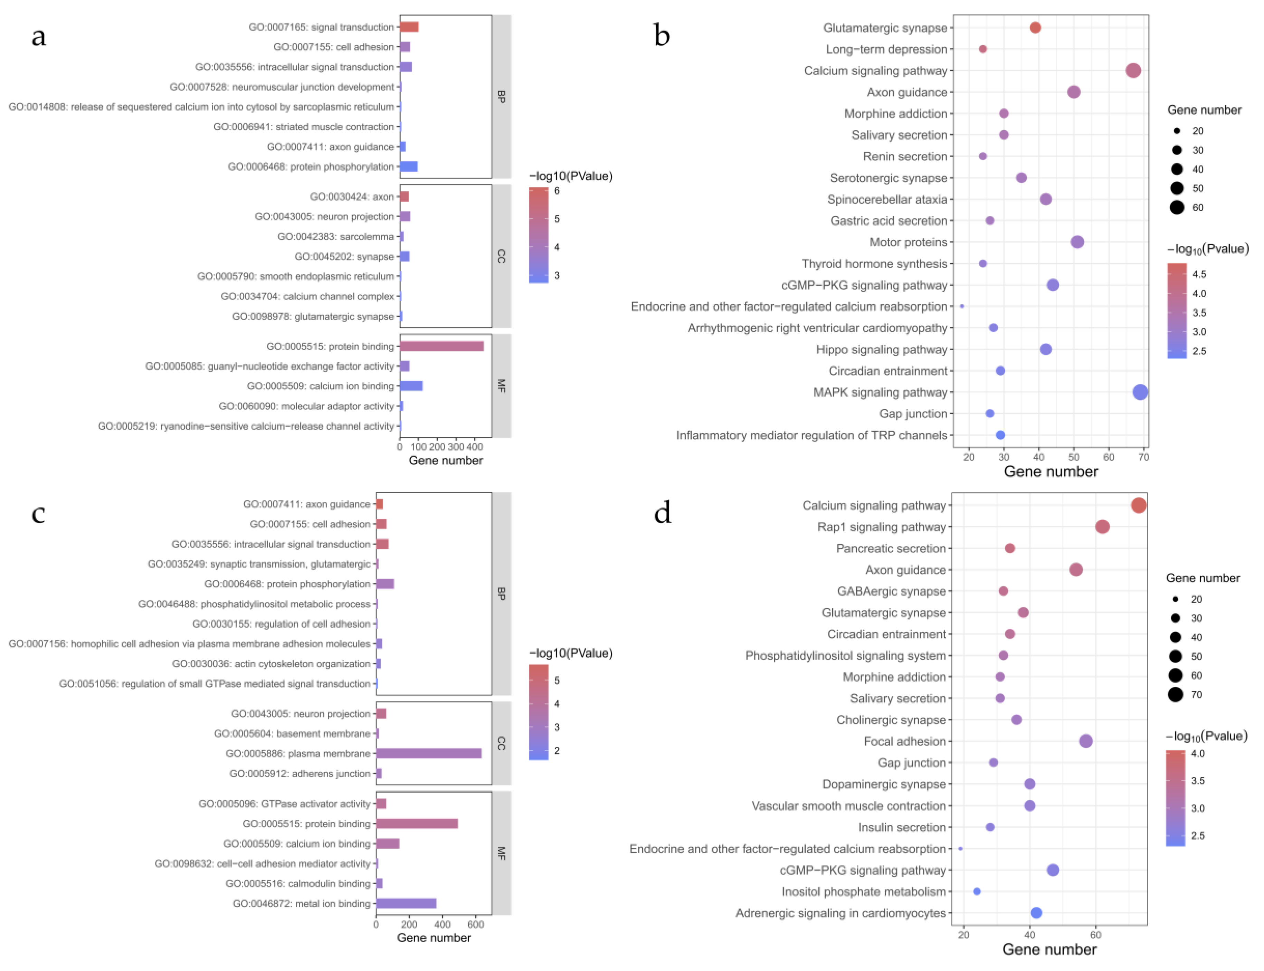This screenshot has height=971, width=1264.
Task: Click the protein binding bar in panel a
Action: pos(441,346)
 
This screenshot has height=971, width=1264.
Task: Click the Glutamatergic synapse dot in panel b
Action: pos(1035,28)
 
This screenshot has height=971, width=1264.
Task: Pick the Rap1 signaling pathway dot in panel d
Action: pos(1102,526)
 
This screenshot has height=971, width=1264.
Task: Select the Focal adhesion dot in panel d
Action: pos(1085,741)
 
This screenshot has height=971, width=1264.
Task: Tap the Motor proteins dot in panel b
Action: pos(1077,242)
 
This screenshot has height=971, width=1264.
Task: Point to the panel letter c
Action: pos(38,513)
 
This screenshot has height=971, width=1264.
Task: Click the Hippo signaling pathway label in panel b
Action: pos(881,349)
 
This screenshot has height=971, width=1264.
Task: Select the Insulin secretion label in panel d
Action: pos(902,827)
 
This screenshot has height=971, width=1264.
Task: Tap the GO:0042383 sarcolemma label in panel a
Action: pos(335,236)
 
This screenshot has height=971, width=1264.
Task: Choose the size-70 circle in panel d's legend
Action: pos(1175,694)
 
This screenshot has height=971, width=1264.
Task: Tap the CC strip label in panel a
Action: pos(501,256)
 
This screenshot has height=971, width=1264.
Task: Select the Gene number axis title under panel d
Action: pos(1049,950)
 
